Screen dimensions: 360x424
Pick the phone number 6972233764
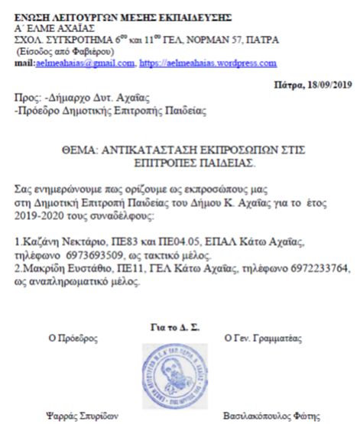tap(306, 269)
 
